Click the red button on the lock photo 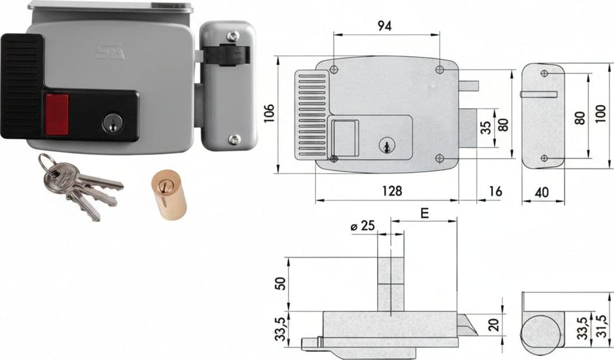57,115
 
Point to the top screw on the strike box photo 233,37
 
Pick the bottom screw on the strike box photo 234,138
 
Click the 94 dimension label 384,26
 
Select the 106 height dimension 269,113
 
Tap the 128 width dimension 392,191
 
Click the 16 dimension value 495,192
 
